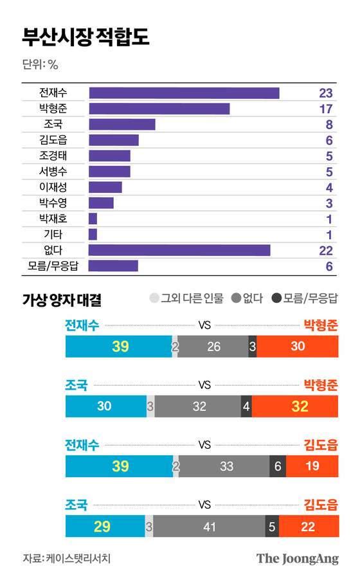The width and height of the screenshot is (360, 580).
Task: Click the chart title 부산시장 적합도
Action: pos(85,37)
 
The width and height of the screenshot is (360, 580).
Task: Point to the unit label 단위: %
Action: pos(40,64)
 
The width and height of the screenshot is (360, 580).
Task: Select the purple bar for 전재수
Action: pos(184,93)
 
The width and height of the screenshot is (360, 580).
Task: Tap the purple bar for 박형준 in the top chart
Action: pos(159,109)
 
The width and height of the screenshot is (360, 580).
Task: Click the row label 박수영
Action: pos(53,203)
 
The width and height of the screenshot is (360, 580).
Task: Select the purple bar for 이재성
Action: pos(105,187)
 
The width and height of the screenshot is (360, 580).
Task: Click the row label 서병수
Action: pos(53,172)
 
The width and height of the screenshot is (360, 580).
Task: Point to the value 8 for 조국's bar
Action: pos(328,125)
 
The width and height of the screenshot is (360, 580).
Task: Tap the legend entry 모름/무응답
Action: pos(305,298)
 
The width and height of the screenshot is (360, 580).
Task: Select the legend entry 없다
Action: pos(247,298)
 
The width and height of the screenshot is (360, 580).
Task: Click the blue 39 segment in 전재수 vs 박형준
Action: pos(119,347)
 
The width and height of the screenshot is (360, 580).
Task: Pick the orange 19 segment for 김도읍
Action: pos(312,466)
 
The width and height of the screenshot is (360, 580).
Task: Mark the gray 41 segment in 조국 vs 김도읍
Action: pos(209,527)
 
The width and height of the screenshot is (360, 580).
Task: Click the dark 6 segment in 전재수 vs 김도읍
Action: pos(278,466)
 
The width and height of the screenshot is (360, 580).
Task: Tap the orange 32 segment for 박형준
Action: pos(295,406)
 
